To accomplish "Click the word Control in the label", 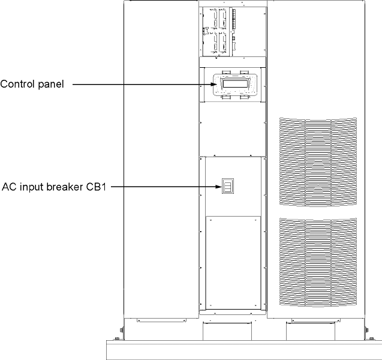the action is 16,85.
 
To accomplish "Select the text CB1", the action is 95,186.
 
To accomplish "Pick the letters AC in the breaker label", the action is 10,186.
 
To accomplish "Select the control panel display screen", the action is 232,85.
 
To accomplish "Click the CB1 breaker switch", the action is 227,187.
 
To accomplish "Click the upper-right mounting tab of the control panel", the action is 245,72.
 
